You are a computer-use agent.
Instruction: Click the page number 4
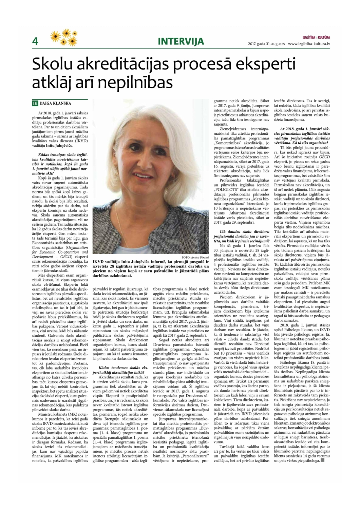(35, 41)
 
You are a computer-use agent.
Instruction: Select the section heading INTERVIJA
(181, 41)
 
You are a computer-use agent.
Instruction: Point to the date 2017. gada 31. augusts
(266, 44)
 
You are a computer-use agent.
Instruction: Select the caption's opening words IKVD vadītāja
(108, 262)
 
